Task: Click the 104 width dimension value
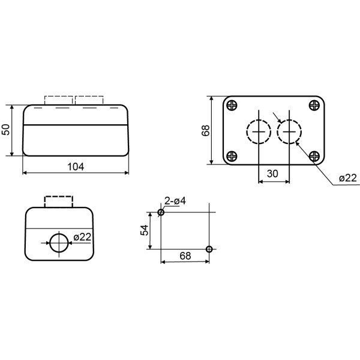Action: tap(76, 167)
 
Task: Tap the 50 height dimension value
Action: tap(6, 130)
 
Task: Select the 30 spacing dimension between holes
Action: tap(272, 174)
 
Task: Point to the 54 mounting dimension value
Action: tap(145, 230)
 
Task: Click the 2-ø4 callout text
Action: tap(175, 201)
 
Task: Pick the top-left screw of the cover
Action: tap(232, 106)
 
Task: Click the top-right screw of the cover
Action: tap(314, 106)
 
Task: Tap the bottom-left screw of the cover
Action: tap(232, 157)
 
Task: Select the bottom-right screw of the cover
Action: tap(314, 157)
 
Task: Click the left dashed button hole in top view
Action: tap(247, 132)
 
